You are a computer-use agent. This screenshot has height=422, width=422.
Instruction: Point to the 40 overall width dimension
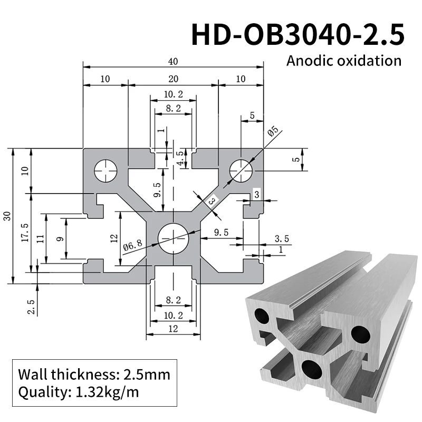tap(172, 62)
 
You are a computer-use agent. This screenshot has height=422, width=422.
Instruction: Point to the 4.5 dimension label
tap(180, 158)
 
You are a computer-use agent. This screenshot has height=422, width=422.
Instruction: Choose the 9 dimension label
tap(60, 238)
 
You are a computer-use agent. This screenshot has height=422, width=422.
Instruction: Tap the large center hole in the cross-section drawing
tap(173, 237)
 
